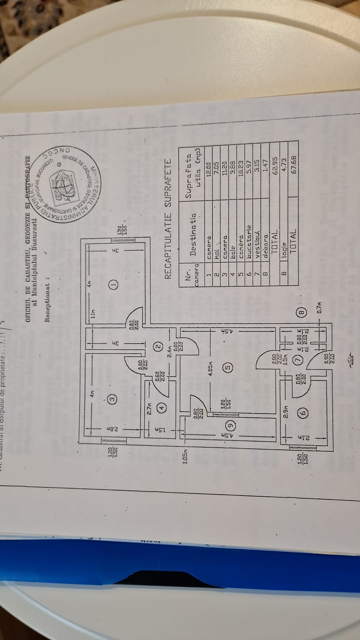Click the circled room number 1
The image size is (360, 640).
[x=113, y=284]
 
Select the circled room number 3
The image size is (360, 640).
[x=113, y=398]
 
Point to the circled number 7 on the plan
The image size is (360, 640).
[x=299, y=360]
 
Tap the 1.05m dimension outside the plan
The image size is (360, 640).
[x=186, y=457]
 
